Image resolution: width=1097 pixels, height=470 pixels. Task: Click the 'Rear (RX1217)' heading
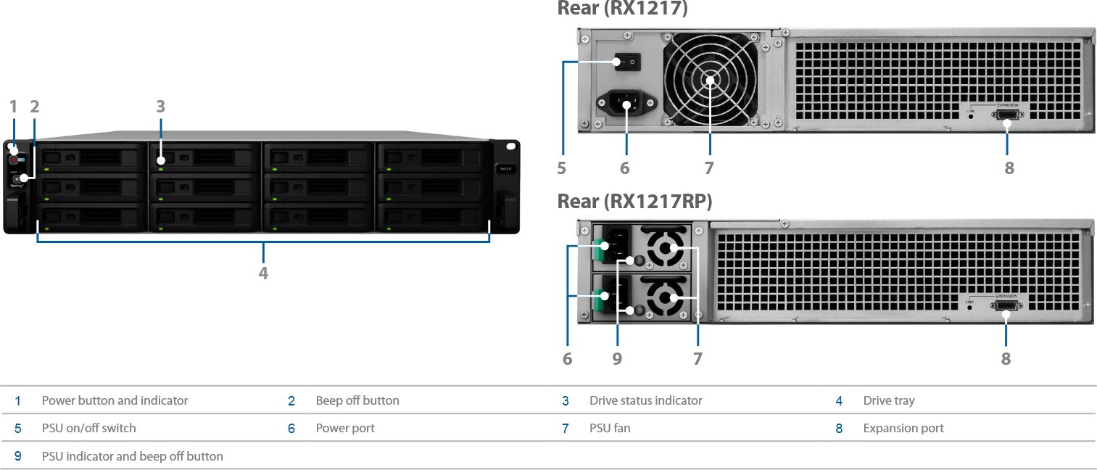click(623, 9)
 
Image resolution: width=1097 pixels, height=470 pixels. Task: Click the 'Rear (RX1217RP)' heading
click(634, 202)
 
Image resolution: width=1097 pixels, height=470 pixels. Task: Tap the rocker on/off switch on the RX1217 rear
click(626, 63)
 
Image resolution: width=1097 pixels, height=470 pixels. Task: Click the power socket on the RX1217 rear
click(621, 104)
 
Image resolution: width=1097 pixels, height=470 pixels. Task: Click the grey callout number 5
click(562, 168)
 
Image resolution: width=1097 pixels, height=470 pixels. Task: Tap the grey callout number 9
click(617, 358)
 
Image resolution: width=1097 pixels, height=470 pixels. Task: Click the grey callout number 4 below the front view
click(263, 273)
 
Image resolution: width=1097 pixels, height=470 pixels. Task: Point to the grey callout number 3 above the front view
click(160, 107)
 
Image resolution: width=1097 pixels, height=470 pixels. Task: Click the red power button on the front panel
click(14, 160)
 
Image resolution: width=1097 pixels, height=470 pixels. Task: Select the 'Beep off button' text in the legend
click(357, 400)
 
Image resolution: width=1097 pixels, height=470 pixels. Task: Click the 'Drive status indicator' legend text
click(645, 400)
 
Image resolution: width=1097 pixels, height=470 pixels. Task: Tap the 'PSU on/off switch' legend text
click(88, 428)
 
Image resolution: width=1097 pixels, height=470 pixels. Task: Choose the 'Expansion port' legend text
click(903, 428)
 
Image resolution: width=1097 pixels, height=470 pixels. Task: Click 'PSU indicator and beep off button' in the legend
click(132, 456)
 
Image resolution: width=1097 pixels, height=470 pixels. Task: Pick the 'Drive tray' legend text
click(889, 400)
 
